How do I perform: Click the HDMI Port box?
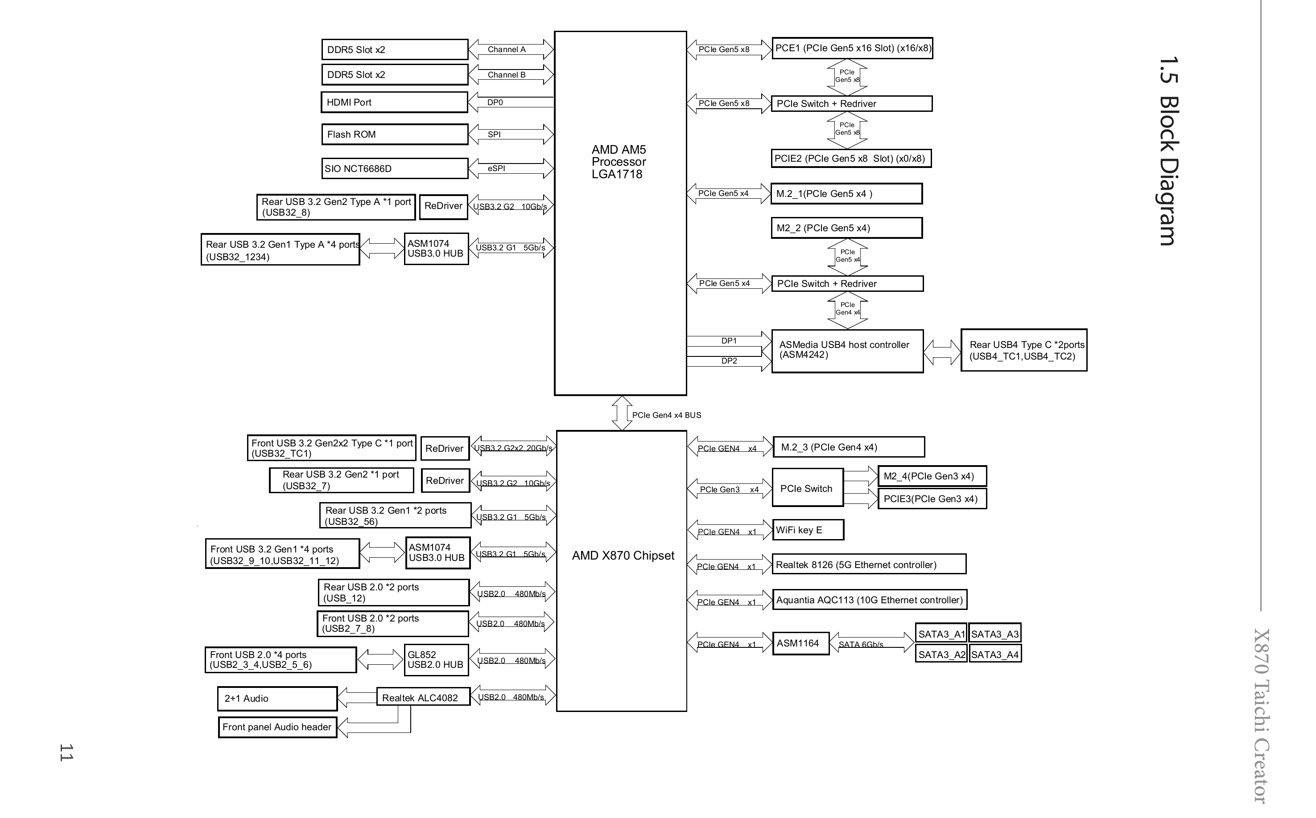click(394, 102)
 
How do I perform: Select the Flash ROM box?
click(395, 134)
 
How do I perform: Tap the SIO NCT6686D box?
click(395, 168)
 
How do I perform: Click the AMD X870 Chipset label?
click(623, 556)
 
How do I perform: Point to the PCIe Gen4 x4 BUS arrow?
click(622, 413)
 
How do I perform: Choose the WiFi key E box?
click(808, 530)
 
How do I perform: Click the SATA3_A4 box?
click(995, 654)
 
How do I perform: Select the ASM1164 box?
click(800, 643)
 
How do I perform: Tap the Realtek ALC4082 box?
click(423, 697)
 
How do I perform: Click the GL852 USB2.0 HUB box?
click(436, 660)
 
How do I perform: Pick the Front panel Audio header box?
click(277, 727)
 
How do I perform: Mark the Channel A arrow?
click(511, 49)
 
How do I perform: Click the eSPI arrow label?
click(496, 168)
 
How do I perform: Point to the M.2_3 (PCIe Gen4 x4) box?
click(848, 447)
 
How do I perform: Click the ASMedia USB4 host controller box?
click(847, 351)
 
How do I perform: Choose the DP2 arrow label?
click(729, 361)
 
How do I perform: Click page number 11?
click(66, 753)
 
